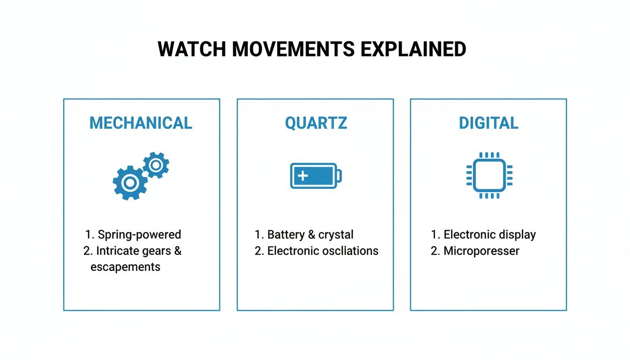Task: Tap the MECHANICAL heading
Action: (x=141, y=123)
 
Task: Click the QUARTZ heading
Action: (x=316, y=123)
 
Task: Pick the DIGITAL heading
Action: (x=488, y=123)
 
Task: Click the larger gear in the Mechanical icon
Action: (x=129, y=183)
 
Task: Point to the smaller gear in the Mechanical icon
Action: (x=156, y=165)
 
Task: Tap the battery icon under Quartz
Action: (x=315, y=176)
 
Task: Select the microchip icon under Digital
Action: (x=489, y=175)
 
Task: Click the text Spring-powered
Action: (x=139, y=234)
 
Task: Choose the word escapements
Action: (x=125, y=267)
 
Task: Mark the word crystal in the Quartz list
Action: (x=336, y=234)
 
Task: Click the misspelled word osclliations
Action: (x=351, y=251)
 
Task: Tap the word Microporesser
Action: (x=481, y=251)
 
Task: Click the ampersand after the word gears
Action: (x=178, y=251)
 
